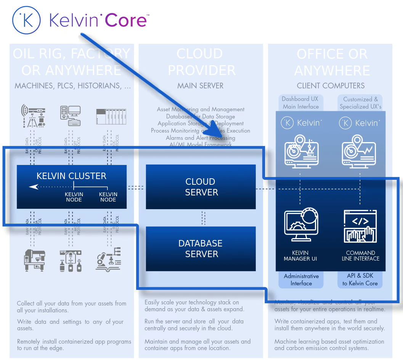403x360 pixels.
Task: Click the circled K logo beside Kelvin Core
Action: (26, 21)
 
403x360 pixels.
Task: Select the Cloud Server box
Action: (201, 187)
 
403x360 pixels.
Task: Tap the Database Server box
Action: (201, 249)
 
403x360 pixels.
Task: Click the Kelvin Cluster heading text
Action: (71, 176)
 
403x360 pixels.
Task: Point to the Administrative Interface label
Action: (301, 280)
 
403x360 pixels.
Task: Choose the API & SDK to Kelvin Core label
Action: (360, 280)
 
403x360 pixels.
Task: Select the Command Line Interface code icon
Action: (360, 226)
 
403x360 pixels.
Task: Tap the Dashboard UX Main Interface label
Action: (300, 103)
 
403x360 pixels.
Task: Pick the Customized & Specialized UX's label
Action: (360, 103)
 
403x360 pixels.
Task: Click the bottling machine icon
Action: (71, 261)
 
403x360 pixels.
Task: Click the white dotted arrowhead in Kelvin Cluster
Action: (34, 187)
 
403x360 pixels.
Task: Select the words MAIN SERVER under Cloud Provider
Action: (201, 86)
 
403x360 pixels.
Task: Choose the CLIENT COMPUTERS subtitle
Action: (331, 86)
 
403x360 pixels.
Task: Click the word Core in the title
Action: (126, 21)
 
